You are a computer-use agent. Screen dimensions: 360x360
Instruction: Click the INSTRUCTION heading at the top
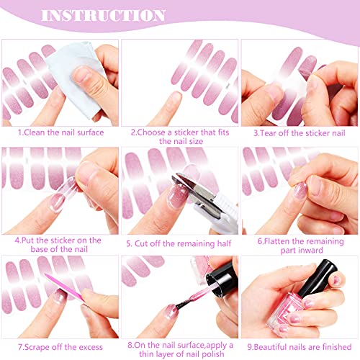point(103,15)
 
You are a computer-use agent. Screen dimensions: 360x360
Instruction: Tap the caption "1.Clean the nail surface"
point(61,132)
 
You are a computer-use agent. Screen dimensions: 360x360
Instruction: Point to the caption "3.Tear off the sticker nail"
point(300,133)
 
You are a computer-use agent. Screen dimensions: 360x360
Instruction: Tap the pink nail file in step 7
point(64,287)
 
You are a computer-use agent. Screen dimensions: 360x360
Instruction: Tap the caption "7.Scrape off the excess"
point(60,347)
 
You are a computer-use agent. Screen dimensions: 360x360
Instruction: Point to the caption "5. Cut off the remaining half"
point(179,243)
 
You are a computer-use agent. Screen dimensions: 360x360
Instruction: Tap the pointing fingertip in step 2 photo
point(175,99)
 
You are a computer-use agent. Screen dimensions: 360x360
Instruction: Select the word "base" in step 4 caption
point(39,249)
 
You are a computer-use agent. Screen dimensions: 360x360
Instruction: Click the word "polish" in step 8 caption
point(213,354)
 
